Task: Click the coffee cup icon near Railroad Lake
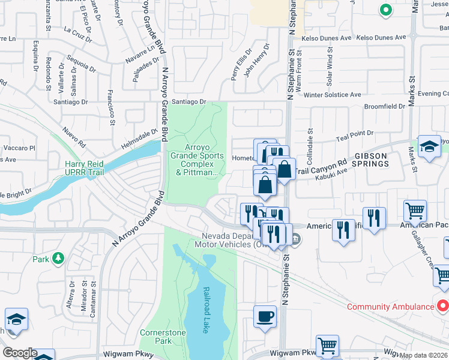tap(265, 316)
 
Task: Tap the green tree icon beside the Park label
tap(58, 259)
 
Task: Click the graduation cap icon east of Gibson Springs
tap(429, 146)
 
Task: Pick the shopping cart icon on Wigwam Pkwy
tap(327, 346)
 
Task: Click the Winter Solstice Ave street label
tap(332, 95)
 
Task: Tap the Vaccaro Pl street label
tap(19, 148)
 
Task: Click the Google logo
tap(19, 353)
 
